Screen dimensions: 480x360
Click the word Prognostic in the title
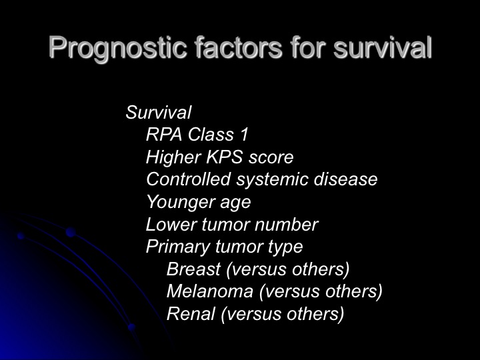pos(118,48)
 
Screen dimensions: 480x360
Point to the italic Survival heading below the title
pos(159,112)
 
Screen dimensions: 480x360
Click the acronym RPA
pos(164,135)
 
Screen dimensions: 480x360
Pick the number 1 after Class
pos(244,135)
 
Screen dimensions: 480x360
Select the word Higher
pos(173,157)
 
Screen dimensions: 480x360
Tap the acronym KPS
pos(225,157)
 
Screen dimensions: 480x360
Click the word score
pos(271,158)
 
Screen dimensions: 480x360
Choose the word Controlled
pos(188,179)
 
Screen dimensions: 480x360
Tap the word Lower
pos(171,225)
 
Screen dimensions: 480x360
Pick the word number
pos(287,225)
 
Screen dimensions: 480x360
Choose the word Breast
pos(193,269)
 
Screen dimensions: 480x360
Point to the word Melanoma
pos(210,291)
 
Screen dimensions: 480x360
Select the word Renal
pos(191,314)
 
